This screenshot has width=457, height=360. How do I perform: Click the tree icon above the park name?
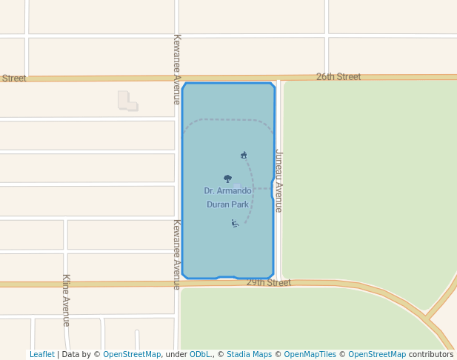point(227,179)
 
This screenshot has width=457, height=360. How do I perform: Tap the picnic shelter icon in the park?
point(244,155)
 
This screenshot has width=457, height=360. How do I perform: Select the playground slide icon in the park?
point(235,223)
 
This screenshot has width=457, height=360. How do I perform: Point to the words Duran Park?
point(227,204)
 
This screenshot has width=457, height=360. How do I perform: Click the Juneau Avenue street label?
point(279,181)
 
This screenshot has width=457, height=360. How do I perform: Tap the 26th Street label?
point(338,76)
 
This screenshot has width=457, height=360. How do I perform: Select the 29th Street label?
point(268,283)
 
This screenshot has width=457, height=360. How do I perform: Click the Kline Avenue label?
point(66,300)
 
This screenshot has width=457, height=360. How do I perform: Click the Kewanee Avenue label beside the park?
point(177,253)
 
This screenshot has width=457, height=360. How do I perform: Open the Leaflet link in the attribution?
point(41,354)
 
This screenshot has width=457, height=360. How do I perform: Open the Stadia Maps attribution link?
point(249,354)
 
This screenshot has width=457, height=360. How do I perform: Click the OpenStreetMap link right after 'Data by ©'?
point(132,354)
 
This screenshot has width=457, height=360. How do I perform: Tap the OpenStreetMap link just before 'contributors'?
point(376,354)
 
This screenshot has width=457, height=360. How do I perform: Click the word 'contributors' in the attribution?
point(431,354)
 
